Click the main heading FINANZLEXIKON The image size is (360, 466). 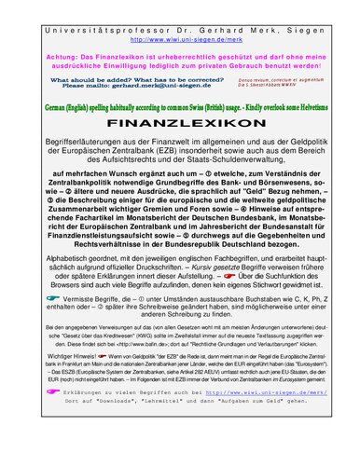[x=179, y=124]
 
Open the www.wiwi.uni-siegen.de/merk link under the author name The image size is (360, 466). [x=180, y=39]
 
